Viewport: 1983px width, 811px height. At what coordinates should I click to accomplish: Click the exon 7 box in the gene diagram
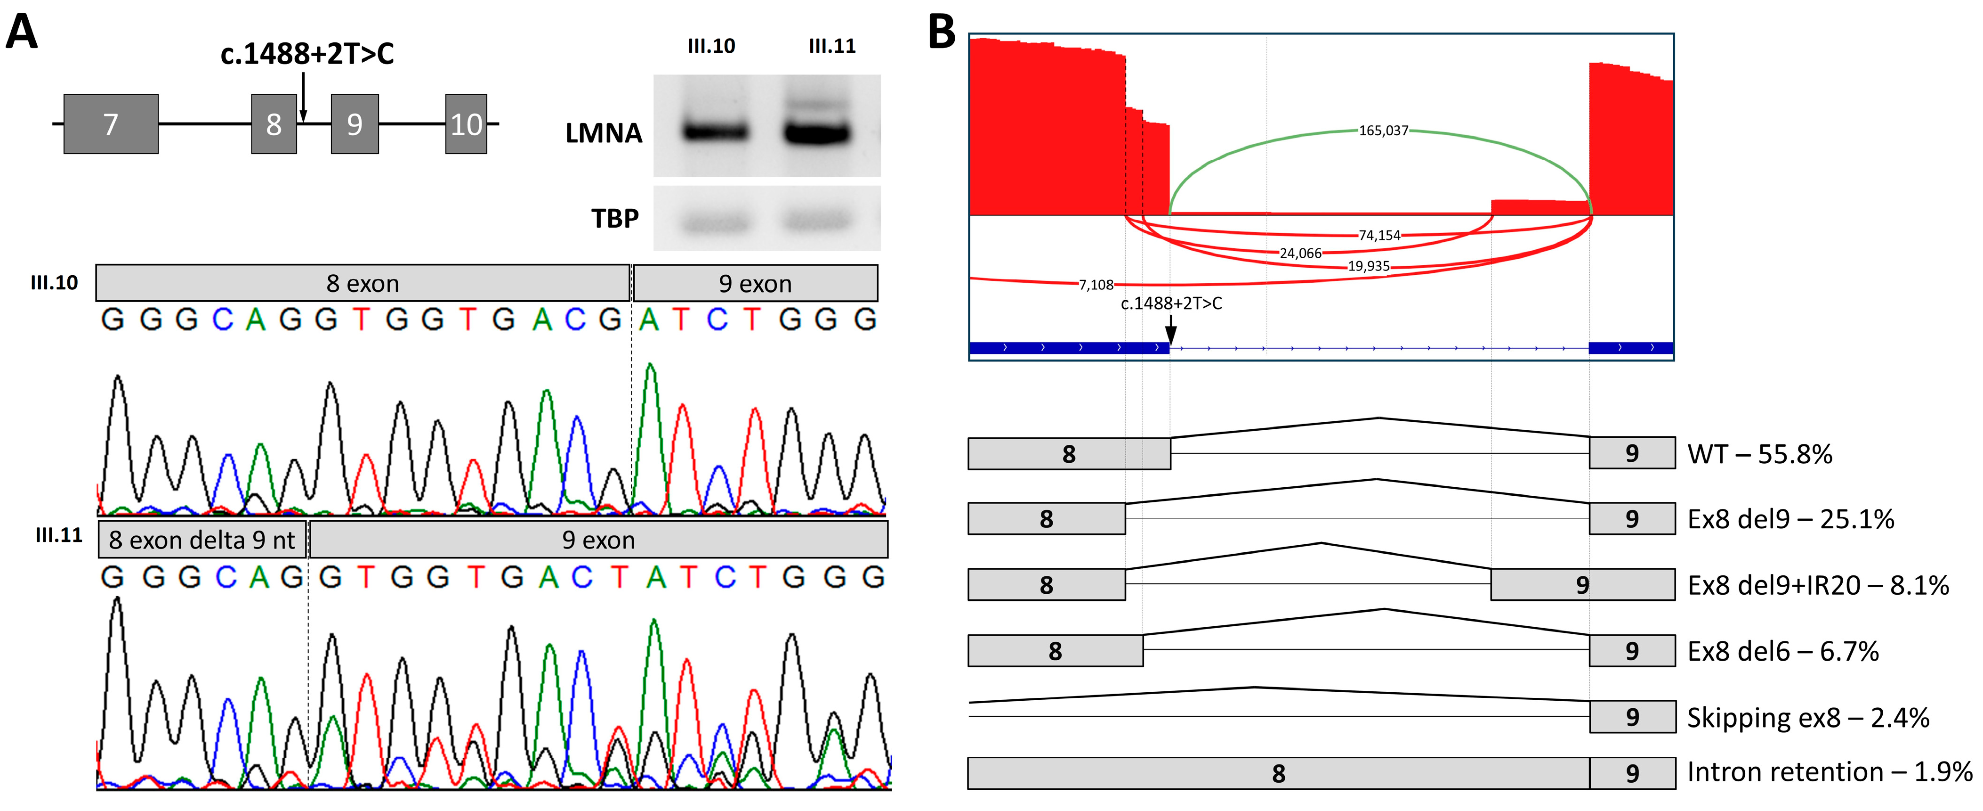pyautogui.click(x=111, y=124)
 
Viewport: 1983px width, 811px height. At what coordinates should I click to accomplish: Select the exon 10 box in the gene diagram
pyautogui.click(x=466, y=124)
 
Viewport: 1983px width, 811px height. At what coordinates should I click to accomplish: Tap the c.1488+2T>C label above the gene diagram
pyautogui.click(x=307, y=54)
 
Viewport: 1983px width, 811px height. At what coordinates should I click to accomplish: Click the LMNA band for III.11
pyautogui.click(x=817, y=132)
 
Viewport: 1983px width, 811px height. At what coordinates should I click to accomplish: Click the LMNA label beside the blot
pyautogui.click(x=604, y=133)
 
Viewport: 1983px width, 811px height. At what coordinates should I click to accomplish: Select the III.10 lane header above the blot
pyautogui.click(x=710, y=46)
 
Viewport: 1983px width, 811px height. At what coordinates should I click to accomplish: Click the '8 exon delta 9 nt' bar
pyautogui.click(x=202, y=540)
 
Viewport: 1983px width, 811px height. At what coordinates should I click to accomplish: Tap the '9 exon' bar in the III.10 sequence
pyautogui.click(x=754, y=283)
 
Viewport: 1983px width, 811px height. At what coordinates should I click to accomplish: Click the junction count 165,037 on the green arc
pyautogui.click(x=1383, y=131)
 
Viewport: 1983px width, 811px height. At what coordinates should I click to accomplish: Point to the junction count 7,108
pyautogui.click(x=1096, y=285)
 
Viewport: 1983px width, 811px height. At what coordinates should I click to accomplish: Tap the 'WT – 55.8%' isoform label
pyautogui.click(x=1759, y=454)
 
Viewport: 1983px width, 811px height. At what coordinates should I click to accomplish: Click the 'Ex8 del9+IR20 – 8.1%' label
pyautogui.click(x=1817, y=585)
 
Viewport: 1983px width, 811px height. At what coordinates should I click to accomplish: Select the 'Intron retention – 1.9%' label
pyautogui.click(x=1829, y=772)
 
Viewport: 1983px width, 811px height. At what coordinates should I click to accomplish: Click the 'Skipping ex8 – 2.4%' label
pyautogui.click(x=1807, y=718)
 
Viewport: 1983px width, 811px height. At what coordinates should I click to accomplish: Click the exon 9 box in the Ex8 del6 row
pyautogui.click(x=1631, y=651)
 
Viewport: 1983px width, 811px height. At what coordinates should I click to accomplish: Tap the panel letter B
pyautogui.click(x=942, y=33)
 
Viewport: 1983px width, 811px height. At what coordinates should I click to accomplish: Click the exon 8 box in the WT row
pyautogui.click(x=1069, y=454)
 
